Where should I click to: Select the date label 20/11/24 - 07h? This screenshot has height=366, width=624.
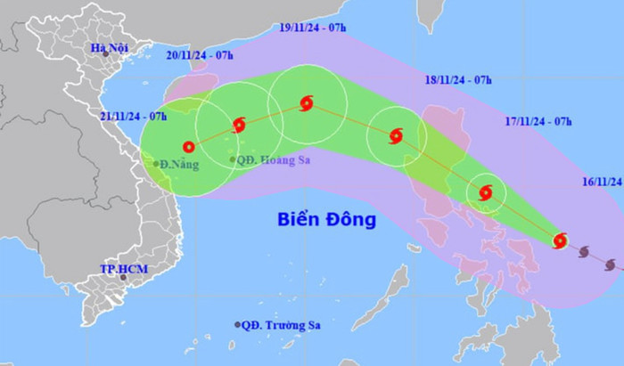[x=200, y=55]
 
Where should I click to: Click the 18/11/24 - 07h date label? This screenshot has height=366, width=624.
[x=460, y=80]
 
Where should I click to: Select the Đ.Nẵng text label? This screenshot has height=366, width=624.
[x=180, y=164]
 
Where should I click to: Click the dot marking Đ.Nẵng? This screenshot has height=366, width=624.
[x=155, y=164]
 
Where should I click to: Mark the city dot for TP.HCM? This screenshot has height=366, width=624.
[x=124, y=278]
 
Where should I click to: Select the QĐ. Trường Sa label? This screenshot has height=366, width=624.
[x=280, y=324]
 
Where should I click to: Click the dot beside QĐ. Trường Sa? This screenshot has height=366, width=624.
[x=237, y=324]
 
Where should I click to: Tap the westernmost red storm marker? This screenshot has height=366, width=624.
[x=188, y=147]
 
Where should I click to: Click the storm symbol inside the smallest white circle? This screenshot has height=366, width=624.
[x=486, y=192]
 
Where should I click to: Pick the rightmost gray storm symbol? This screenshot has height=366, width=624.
[x=610, y=264]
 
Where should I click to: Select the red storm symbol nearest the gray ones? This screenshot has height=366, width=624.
[x=560, y=240]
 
